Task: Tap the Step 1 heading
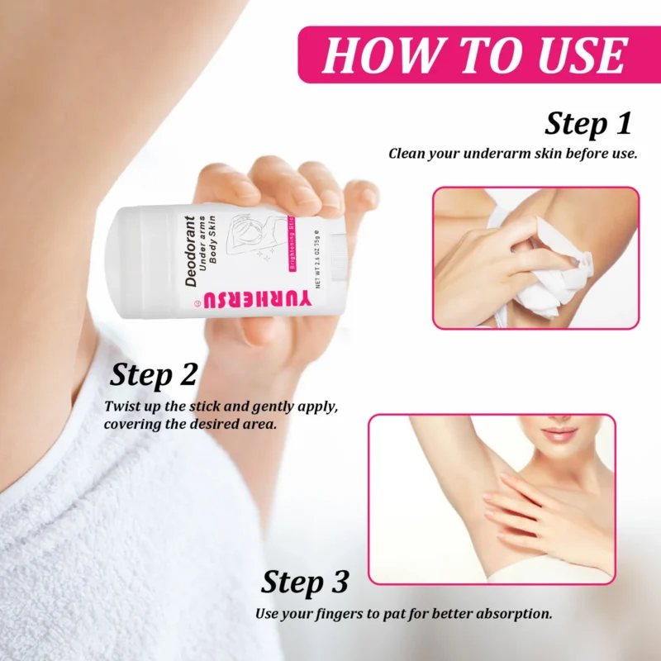(587, 124)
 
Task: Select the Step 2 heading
(154, 375)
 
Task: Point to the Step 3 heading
(305, 583)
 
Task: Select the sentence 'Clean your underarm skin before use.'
(512, 154)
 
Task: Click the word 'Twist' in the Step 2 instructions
(122, 407)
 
